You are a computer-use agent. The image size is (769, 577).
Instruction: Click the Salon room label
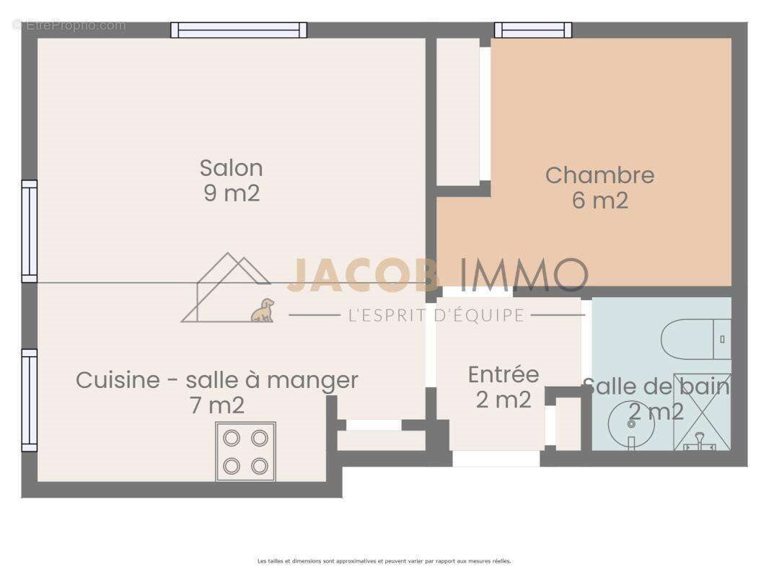[231, 168]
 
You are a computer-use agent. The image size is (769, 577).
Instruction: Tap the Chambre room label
[599, 175]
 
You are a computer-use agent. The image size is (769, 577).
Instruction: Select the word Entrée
[503, 375]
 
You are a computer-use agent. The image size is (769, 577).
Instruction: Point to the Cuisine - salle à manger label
[216, 380]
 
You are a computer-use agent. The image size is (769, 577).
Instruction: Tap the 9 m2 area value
[231, 193]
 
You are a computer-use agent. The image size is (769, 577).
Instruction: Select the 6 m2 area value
[599, 201]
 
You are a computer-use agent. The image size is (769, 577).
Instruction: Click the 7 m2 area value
[216, 405]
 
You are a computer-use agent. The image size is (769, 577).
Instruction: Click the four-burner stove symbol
[245, 452]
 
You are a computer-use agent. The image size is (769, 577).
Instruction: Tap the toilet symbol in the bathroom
[695, 339]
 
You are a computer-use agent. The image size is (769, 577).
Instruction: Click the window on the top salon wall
[239, 30]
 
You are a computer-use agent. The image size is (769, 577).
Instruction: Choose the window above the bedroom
[533, 30]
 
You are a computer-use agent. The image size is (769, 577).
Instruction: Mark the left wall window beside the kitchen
[29, 400]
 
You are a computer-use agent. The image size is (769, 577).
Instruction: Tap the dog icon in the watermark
[263, 310]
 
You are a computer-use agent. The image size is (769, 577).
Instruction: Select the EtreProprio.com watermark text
[69, 25]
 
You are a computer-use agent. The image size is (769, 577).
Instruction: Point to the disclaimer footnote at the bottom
[384, 561]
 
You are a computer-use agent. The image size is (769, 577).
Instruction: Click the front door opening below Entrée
[496, 458]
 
